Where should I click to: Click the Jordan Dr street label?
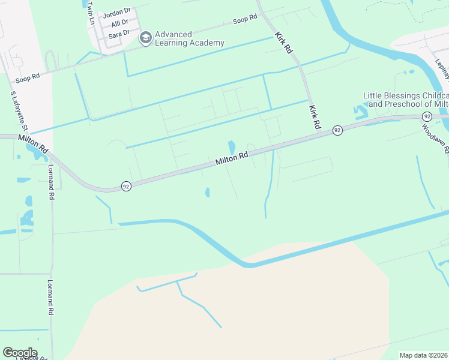pyautogui.click(x=116, y=12)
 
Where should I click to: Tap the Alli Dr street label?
pyautogui.click(x=119, y=23)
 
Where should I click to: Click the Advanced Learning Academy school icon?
pyautogui.click(x=145, y=38)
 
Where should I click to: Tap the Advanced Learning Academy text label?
pyautogui.click(x=189, y=38)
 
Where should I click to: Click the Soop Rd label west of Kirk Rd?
pyautogui.click(x=245, y=20)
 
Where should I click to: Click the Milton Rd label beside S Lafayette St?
pyautogui.click(x=33, y=146)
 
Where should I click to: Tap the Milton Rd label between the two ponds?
pyautogui.click(x=232, y=159)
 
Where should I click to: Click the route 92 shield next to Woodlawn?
pyautogui.click(x=427, y=116)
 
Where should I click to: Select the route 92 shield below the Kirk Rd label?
pyautogui.click(x=337, y=130)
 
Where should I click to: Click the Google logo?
pyautogui.click(x=20, y=352)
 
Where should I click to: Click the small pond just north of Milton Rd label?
pyautogui.click(x=232, y=146)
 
